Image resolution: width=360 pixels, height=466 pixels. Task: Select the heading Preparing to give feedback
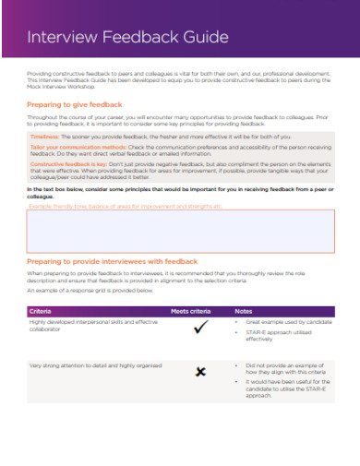pyautogui.click(x=83, y=105)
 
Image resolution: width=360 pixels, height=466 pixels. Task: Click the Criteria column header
pyautogui.click(x=41, y=310)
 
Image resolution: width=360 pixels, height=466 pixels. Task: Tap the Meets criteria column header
pyautogui.click(x=191, y=310)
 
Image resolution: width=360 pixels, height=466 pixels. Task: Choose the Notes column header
pyautogui.click(x=244, y=310)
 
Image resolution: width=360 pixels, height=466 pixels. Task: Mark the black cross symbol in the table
pyautogui.click(x=199, y=372)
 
